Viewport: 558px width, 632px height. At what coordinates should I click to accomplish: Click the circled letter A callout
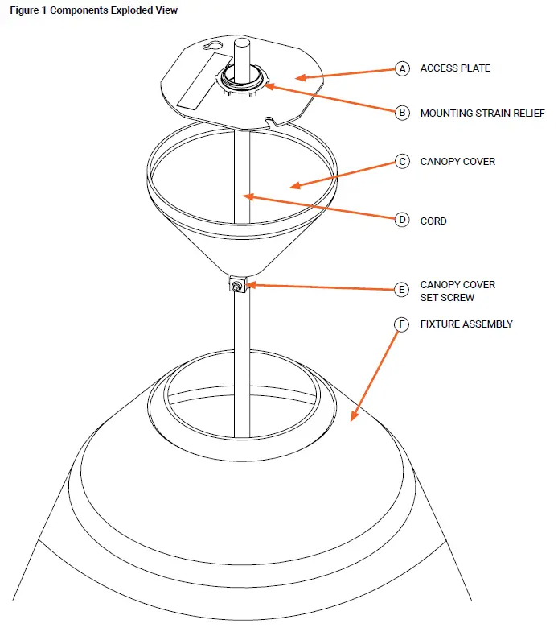click(402, 68)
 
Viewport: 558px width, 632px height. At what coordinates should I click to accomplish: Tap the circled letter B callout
click(402, 114)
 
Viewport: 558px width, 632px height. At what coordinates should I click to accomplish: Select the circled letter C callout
click(402, 161)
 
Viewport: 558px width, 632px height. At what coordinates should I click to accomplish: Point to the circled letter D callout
click(402, 220)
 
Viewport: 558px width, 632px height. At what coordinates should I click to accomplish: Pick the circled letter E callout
click(402, 289)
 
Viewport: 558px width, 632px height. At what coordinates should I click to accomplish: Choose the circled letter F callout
click(402, 324)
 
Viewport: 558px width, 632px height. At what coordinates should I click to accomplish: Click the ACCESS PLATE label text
click(455, 68)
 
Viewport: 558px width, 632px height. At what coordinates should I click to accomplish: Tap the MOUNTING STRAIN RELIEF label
click(482, 114)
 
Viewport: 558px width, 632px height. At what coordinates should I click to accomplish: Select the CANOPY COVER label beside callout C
click(457, 161)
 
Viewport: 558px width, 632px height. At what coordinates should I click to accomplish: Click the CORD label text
click(433, 221)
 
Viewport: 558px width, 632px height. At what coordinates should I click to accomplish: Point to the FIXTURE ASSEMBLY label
click(466, 324)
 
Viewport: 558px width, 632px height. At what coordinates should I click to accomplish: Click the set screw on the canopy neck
click(238, 287)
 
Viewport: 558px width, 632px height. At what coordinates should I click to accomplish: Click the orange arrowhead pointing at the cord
click(250, 196)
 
